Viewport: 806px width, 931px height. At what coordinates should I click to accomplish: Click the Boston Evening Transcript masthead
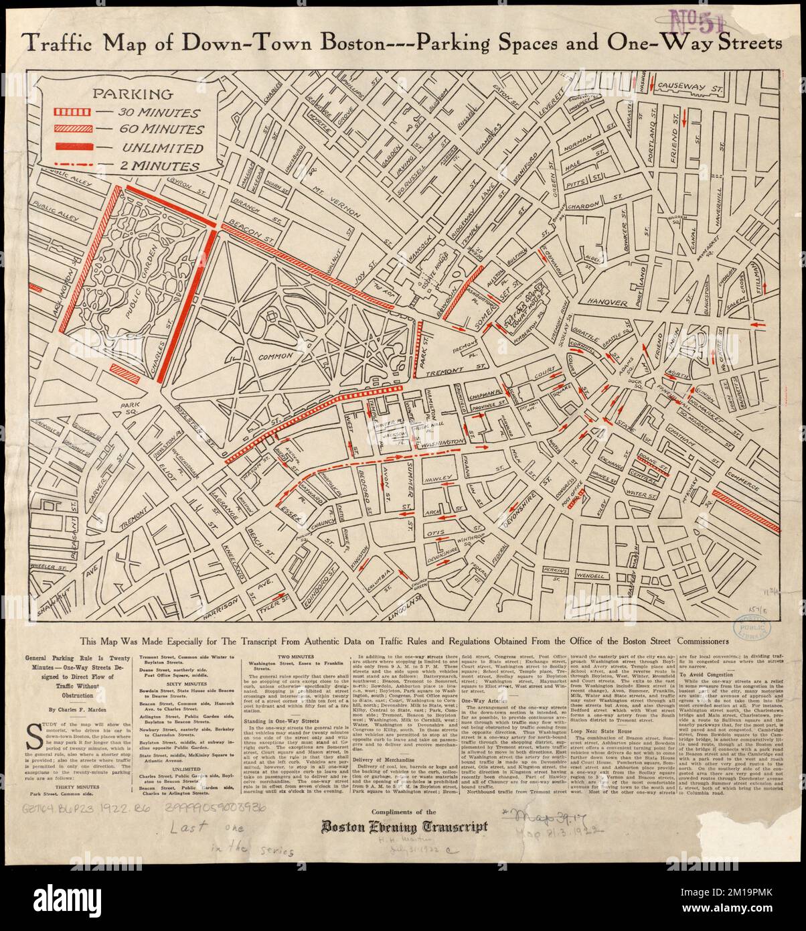(402, 827)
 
